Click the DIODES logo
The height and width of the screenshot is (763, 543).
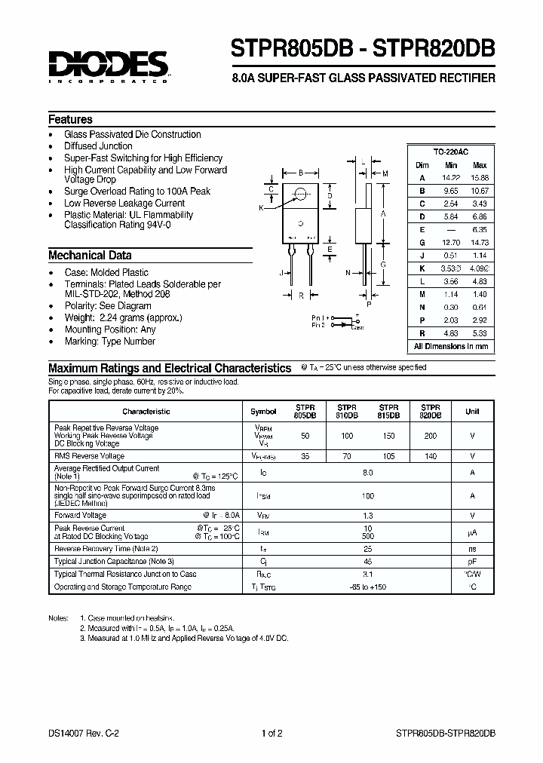[x=109, y=66]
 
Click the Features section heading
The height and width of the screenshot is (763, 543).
[x=70, y=119]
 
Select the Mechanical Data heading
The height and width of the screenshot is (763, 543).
[x=90, y=255]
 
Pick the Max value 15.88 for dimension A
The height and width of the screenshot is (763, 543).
[x=479, y=178]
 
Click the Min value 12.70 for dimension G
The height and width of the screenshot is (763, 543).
[x=451, y=243]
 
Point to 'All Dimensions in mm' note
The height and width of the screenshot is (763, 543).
[x=451, y=346]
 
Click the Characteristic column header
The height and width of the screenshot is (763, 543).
[x=146, y=412]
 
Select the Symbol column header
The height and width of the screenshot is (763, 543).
[x=263, y=412]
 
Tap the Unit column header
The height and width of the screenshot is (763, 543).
[x=472, y=412]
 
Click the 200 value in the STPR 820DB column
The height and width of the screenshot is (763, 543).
[x=430, y=437]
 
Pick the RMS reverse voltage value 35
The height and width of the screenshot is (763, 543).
[x=305, y=456]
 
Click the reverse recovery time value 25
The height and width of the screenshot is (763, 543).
[x=368, y=549]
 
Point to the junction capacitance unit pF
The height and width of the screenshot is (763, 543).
[x=472, y=562]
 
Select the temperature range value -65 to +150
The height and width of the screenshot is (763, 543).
[x=368, y=586]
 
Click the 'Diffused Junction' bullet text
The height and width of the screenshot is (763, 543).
[x=98, y=146]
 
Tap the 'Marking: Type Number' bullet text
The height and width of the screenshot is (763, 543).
[x=109, y=342]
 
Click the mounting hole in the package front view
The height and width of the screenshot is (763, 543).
[x=301, y=193]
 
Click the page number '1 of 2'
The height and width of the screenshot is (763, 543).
[x=271, y=732]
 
